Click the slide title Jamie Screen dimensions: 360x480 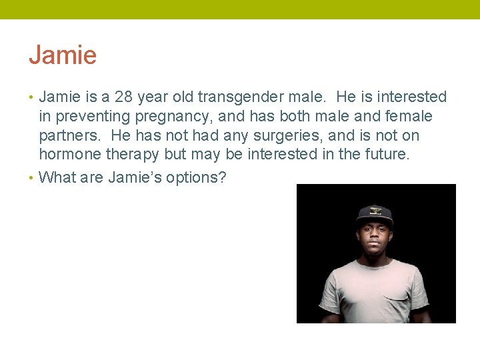pos(63,55)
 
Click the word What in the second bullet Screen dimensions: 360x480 pos(59,178)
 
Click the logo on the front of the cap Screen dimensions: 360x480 pos(375,211)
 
